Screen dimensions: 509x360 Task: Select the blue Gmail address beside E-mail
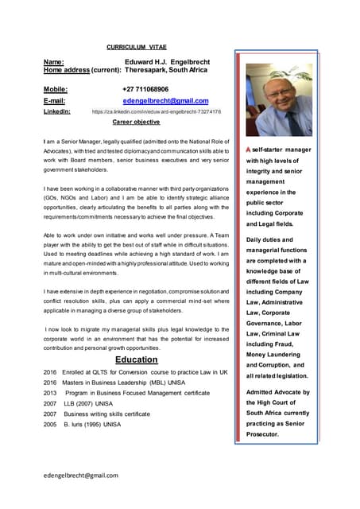tap(165, 101)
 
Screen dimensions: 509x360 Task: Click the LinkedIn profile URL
tap(157, 112)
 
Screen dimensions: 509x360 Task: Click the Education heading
tap(136, 359)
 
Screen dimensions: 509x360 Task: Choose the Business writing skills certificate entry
tap(107, 414)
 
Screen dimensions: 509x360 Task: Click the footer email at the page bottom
tap(81, 475)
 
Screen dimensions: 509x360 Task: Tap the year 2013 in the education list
tap(50, 393)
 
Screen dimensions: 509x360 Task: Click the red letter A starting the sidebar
tap(249, 150)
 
